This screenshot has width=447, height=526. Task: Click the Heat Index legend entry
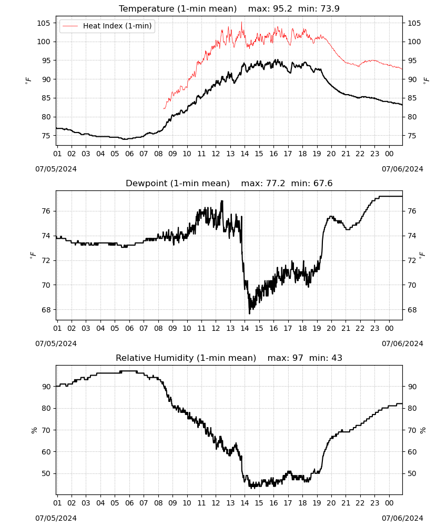(107, 26)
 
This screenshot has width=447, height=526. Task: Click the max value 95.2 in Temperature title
(282, 8)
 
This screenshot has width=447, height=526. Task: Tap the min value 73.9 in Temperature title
(330, 8)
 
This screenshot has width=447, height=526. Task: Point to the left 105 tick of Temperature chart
(44, 23)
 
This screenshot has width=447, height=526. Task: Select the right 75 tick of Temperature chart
(412, 136)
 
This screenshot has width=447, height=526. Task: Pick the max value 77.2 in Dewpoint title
(276, 183)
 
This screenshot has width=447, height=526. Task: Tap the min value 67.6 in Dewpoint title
(322, 183)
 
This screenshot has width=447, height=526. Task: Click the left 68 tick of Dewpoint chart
(46, 310)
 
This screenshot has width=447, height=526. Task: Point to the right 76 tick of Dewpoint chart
(412, 211)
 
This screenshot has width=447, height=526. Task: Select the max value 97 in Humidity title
(298, 358)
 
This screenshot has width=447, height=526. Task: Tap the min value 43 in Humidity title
(337, 358)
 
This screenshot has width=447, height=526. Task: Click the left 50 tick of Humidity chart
(46, 474)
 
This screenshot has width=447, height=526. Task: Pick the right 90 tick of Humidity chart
(412, 387)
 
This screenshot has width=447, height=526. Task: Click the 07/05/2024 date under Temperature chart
(56, 169)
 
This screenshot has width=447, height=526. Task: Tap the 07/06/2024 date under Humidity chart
(402, 518)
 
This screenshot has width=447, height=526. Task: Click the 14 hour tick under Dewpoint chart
(245, 328)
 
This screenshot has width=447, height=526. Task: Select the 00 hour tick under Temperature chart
(389, 154)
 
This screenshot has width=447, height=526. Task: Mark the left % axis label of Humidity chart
(34, 430)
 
